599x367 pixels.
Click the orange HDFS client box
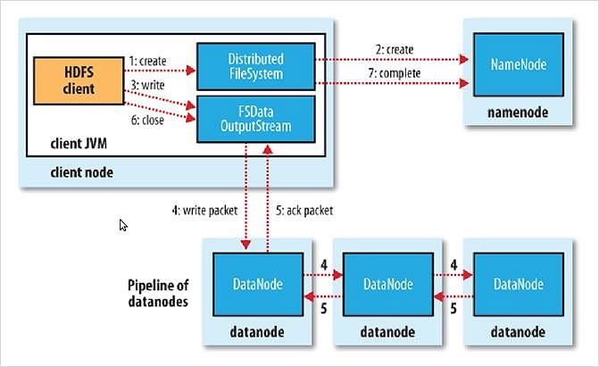coord(79,80)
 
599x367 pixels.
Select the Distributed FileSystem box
coord(256,66)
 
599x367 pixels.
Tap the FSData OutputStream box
coord(256,120)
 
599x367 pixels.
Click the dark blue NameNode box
coord(519,64)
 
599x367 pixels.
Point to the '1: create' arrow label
coord(147,61)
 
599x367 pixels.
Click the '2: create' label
coord(395,50)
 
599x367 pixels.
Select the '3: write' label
coord(147,85)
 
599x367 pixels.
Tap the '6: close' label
coord(147,120)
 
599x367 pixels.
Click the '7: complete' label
coord(395,73)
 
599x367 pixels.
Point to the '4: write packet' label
coord(204,210)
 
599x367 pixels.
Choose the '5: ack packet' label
coord(304,210)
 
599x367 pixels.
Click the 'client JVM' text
coord(79,144)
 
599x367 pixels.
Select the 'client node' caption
coord(82,172)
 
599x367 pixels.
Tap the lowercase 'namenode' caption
coord(518,113)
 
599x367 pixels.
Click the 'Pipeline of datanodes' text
coord(158,293)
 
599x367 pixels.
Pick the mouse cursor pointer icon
coord(123,225)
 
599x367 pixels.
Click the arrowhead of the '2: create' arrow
coord(464,59)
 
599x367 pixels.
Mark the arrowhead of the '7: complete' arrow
coord(464,83)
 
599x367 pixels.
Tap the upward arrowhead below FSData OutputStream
coord(268,149)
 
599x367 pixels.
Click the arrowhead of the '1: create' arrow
coord(190,71)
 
